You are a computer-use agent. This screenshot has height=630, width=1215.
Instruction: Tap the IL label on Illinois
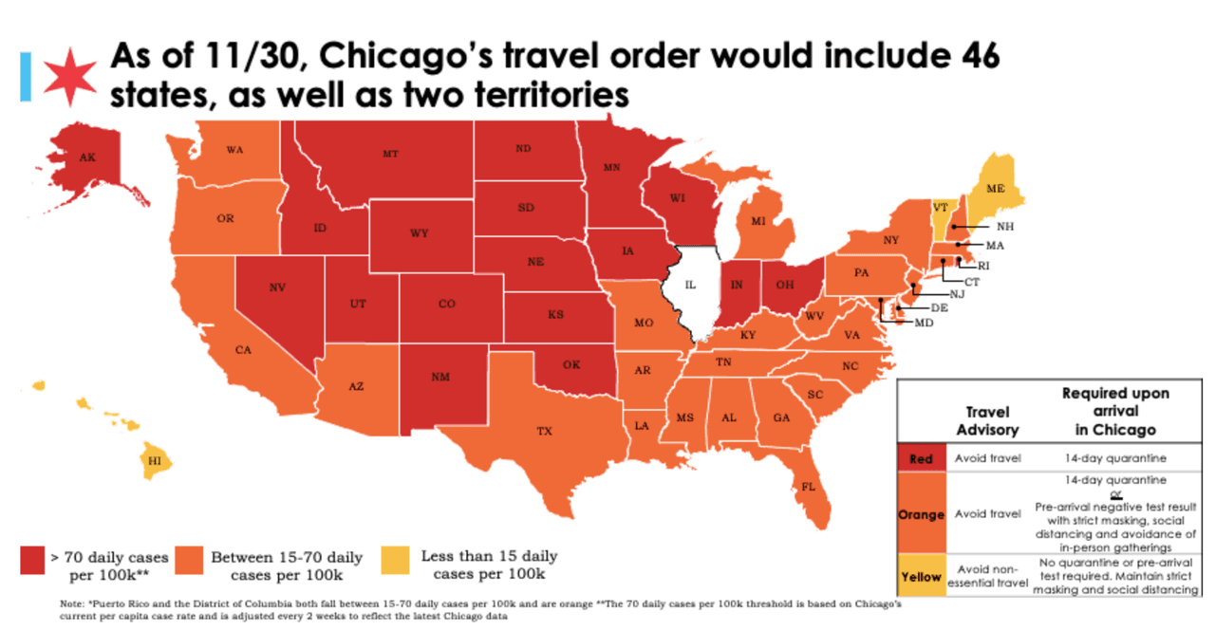pyautogui.click(x=691, y=284)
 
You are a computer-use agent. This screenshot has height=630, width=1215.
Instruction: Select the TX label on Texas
pyautogui.click(x=544, y=431)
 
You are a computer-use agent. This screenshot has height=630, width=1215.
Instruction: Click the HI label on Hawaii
pyautogui.click(x=153, y=460)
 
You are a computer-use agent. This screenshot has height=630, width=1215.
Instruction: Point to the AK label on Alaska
pyautogui.click(x=87, y=157)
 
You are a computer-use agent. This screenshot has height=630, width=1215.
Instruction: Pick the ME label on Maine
pyautogui.click(x=995, y=189)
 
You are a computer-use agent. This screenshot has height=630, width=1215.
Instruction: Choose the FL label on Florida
pyautogui.click(x=808, y=487)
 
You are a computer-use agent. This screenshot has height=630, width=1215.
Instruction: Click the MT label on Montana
pyautogui.click(x=390, y=153)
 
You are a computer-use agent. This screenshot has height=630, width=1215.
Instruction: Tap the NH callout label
pyautogui.click(x=1005, y=227)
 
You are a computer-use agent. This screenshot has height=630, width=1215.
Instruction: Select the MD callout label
pyautogui.click(x=924, y=323)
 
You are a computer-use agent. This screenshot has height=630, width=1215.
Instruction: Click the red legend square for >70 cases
pyautogui.click(x=38, y=562)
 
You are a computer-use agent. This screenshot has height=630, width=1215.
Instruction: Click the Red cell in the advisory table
pyautogui.click(x=921, y=459)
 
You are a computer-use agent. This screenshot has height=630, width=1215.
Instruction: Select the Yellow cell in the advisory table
pyautogui.click(x=921, y=577)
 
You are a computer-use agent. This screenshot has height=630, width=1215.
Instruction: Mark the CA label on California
pyautogui.click(x=244, y=350)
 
